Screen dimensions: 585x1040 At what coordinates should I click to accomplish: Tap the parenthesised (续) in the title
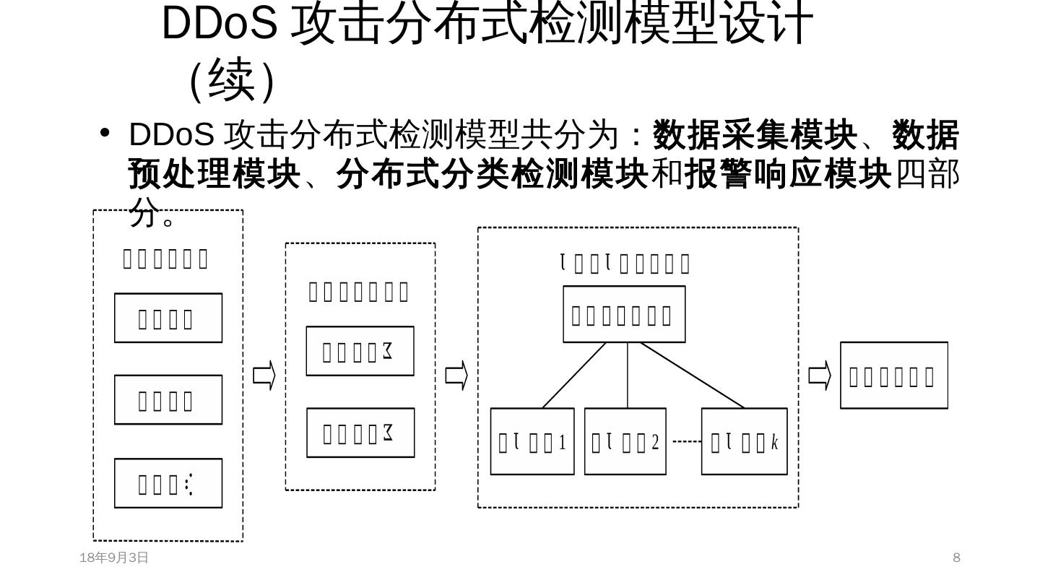pyautogui.click(x=232, y=79)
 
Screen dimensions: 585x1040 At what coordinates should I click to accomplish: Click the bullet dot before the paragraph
pyautogui.click(x=105, y=132)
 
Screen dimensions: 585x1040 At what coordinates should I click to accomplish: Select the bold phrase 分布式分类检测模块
pyautogui.click(x=492, y=174)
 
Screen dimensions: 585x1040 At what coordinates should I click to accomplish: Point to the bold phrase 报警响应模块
pyautogui.click(x=788, y=174)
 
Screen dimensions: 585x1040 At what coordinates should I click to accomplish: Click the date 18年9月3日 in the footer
pyautogui.click(x=113, y=558)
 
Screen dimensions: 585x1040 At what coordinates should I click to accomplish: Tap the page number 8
pyautogui.click(x=956, y=558)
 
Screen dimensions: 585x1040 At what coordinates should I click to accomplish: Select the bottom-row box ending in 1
pyautogui.click(x=532, y=441)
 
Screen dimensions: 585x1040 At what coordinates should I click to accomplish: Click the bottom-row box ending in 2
pyautogui.click(x=625, y=441)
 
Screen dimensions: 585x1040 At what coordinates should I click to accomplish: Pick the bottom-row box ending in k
pyautogui.click(x=745, y=441)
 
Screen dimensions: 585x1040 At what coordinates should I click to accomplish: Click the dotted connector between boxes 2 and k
pyautogui.click(x=687, y=441)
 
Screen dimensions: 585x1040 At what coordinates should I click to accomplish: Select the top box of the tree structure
pyautogui.click(x=624, y=314)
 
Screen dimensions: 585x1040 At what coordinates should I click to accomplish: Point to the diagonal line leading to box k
pyautogui.click(x=692, y=375)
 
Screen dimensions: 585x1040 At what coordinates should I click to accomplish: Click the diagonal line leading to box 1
pyautogui.click(x=574, y=375)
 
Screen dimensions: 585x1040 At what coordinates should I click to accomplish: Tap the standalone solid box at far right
pyautogui.click(x=894, y=376)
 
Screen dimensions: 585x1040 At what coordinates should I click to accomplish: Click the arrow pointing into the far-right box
pyautogui.click(x=820, y=376)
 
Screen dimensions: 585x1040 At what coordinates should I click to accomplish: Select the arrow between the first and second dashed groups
pyautogui.click(x=264, y=376)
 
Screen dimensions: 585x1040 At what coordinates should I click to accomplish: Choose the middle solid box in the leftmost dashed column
pyautogui.click(x=168, y=399)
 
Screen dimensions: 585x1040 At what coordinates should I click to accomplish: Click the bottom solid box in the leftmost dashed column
pyautogui.click(x=168, y=483)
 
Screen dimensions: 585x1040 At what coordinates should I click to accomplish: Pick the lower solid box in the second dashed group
pyautogui.click(x=360, y=433)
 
